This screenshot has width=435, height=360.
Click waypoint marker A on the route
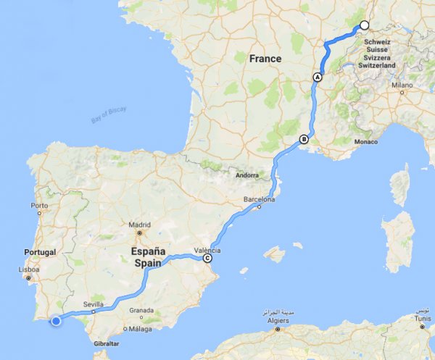[317, 77]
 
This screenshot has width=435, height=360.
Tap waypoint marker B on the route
[304, 140]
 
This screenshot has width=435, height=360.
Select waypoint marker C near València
[208, 258]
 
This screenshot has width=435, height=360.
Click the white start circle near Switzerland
[365, 25]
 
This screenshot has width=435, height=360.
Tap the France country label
[265, 58]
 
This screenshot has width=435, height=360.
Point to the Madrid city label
[140, 225]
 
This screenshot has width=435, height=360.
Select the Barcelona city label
[260, 199]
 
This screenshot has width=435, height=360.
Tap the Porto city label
[40, 206]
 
